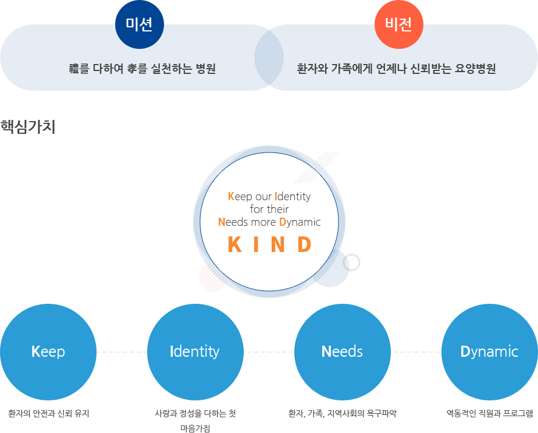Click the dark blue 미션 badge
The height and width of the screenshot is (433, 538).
coord(140,24)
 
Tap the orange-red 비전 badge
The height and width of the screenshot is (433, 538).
coord(398,24)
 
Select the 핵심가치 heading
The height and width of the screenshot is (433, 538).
coord(28,127)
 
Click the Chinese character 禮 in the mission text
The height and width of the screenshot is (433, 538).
coord(74,69)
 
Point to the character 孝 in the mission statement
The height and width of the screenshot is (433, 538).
coord(132,69)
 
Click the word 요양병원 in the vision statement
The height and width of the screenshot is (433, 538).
coord(475,69)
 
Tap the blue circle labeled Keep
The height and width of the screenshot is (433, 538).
coord(48,352)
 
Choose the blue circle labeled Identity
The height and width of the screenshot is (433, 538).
coord(195,352)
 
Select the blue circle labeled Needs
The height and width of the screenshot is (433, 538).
coord(343,352)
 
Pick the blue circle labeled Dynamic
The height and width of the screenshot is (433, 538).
coord(489,352)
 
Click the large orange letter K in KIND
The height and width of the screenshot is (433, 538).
coord(235,244)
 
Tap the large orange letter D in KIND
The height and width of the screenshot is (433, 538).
coord(304,244)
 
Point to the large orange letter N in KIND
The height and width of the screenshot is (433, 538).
coord(277,244)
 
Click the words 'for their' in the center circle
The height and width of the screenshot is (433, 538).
coord(269,209)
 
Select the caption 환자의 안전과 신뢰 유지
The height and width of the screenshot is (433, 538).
coord(49,413)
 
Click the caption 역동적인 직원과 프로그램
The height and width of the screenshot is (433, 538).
coord(490,413)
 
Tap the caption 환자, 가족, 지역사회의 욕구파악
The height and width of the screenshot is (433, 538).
coord(343,413)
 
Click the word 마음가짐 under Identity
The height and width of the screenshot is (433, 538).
coord(195,428)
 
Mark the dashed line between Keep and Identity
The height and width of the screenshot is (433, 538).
coord(122,352)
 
